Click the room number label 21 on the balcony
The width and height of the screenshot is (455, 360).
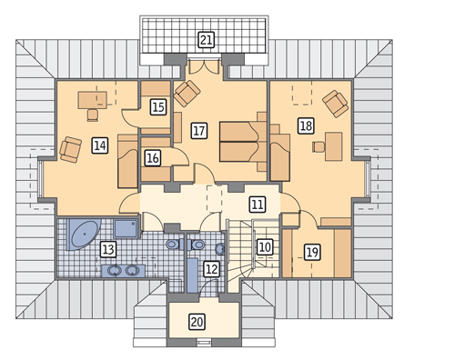click(x=207, y=40)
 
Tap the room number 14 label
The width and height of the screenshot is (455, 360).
click(x=100, y=145)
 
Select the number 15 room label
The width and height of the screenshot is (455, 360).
click(x=158, y=107)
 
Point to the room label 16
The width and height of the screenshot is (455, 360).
click(x=153, y=158)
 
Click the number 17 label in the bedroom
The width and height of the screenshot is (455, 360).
click(x=199, y=131)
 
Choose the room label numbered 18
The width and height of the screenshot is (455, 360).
click(x=306, y=125)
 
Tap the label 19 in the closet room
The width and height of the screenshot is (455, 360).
click(x=312, y=252)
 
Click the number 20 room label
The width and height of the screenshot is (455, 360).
click(x=197, y=322)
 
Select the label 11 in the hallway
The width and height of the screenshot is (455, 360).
click(x=258, y=204)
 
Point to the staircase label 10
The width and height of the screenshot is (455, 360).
click(x=265, y=247)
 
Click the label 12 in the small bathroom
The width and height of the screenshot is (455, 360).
click(x=211, y=269)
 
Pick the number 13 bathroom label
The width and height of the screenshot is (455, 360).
click(x=108, y=249)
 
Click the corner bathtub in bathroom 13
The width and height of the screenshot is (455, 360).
click(x=83, y=235)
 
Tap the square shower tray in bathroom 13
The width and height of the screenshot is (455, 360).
click(x=126, y=228)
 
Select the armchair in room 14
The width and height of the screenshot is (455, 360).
click(x=71, y=149)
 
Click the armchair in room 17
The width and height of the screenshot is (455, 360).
click(x=187, y=94)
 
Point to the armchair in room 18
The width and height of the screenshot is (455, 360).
click(x=335, y=104)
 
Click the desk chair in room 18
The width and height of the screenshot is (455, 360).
click(x=318, y=146)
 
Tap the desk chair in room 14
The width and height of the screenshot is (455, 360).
click(x=93, y=115)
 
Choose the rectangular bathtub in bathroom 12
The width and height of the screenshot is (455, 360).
click(x=192, y=275)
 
